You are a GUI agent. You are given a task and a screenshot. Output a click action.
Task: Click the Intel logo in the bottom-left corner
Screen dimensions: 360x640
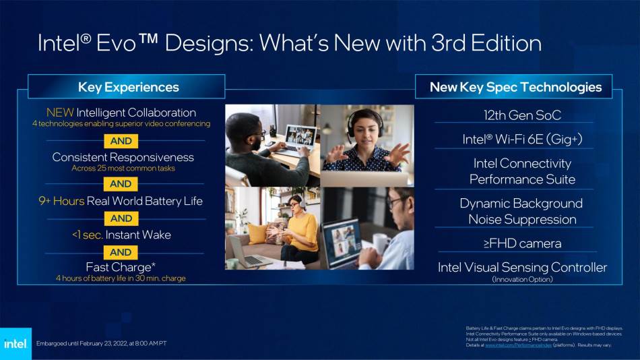coord(15,343)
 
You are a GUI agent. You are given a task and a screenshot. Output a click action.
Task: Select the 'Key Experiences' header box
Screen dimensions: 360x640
coord(128,87)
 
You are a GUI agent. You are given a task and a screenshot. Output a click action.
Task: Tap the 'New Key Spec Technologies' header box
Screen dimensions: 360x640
coord(515,87)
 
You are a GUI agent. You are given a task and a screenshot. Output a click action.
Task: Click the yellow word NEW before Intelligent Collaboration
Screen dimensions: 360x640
coord(60,113)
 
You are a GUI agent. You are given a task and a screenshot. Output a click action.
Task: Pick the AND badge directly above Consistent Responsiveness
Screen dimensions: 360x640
coord(121,141)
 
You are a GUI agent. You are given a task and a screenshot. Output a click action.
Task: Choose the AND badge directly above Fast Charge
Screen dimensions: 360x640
coord(121,252)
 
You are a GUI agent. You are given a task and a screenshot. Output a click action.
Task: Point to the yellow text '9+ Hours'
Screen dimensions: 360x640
coord(61,201)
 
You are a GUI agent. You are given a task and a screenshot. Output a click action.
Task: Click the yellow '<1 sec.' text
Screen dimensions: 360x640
coord(87,235)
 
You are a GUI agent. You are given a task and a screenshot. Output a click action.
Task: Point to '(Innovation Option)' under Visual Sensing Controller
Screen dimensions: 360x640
coord(522,279)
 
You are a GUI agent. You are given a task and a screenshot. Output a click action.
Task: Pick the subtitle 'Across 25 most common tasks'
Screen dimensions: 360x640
coord(123,168)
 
